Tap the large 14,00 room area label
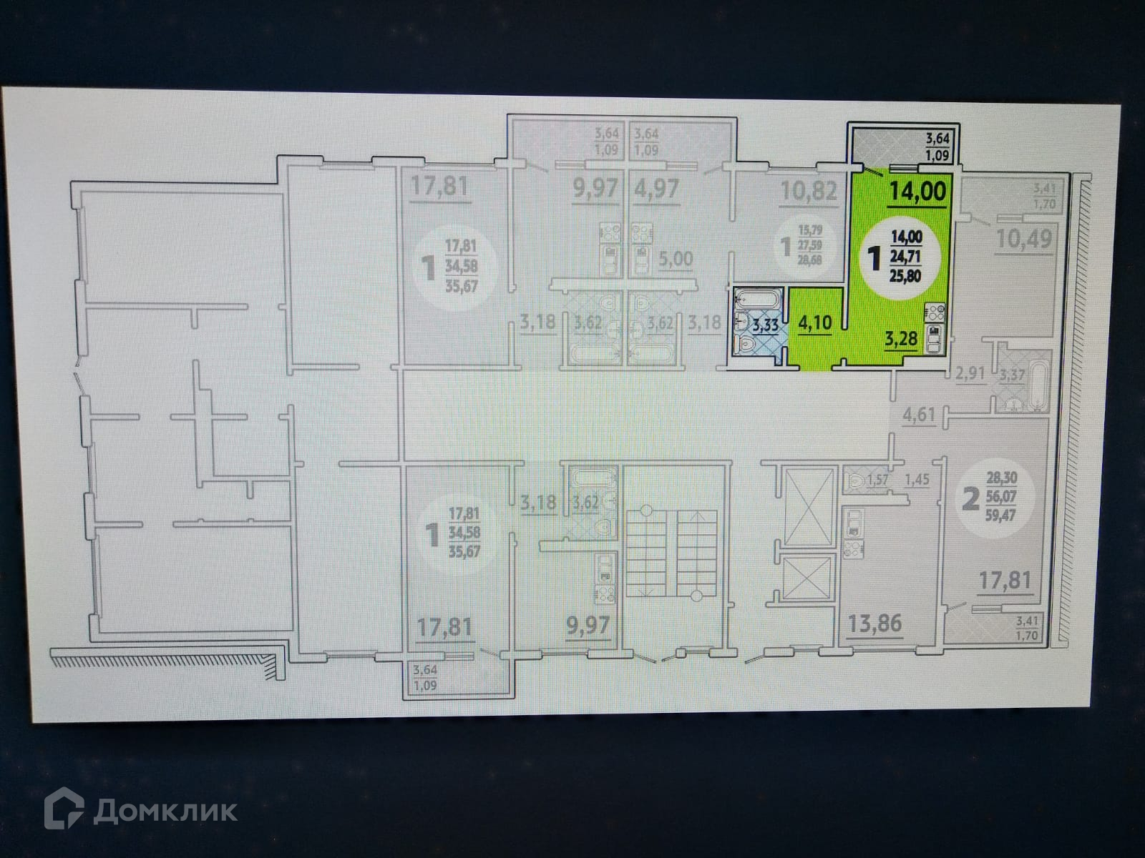click(x=917, y=191)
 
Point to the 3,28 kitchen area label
click(x=900, y=339)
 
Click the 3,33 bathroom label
click(x=764, y=327)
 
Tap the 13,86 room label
click(x=874, y=624)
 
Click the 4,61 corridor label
click(x=920, y=415)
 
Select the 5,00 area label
click(x=675, y=258)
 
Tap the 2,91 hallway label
click(x=971, y=372)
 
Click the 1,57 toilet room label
click(x=878, y=480)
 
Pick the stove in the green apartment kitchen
click(x=936, y=312)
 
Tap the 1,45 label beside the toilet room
click(x=917, y=480)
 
